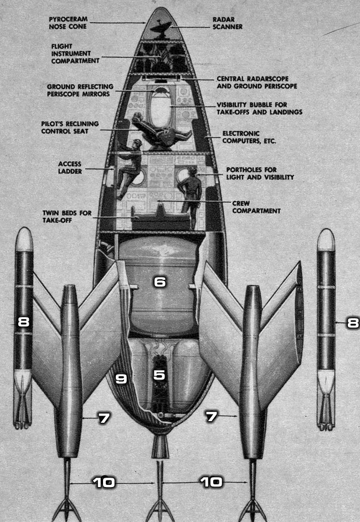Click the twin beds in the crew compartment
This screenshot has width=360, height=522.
point(158,219)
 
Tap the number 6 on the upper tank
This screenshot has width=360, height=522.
point(160,282)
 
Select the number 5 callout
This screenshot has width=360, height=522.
point(160,375)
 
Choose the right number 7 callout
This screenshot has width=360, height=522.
point(210,417)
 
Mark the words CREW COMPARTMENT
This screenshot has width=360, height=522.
point(256,207)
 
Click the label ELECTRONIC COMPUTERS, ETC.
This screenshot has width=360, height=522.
point(248,137)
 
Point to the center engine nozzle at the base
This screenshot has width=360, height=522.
point(160,445)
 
